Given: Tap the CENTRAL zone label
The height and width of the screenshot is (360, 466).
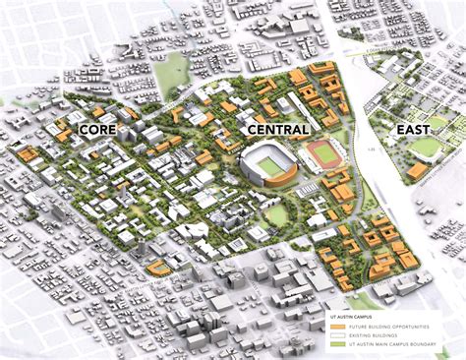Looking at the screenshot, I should coord(279,129).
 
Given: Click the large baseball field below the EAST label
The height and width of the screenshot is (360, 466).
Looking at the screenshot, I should coord(425,148).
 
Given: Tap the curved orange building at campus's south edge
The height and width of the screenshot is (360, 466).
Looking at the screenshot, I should coord(157,268).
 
